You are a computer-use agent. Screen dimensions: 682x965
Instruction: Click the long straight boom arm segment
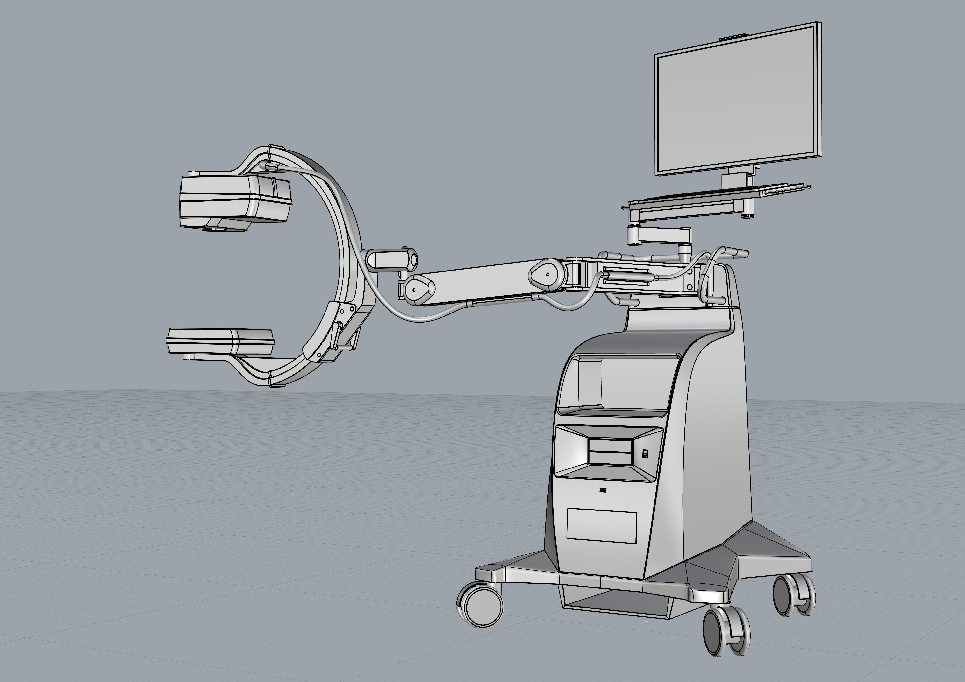pos(479,282)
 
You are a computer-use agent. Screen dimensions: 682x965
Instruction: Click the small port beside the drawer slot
pos(645,454)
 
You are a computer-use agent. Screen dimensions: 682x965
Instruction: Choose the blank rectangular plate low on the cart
pos(602,525)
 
